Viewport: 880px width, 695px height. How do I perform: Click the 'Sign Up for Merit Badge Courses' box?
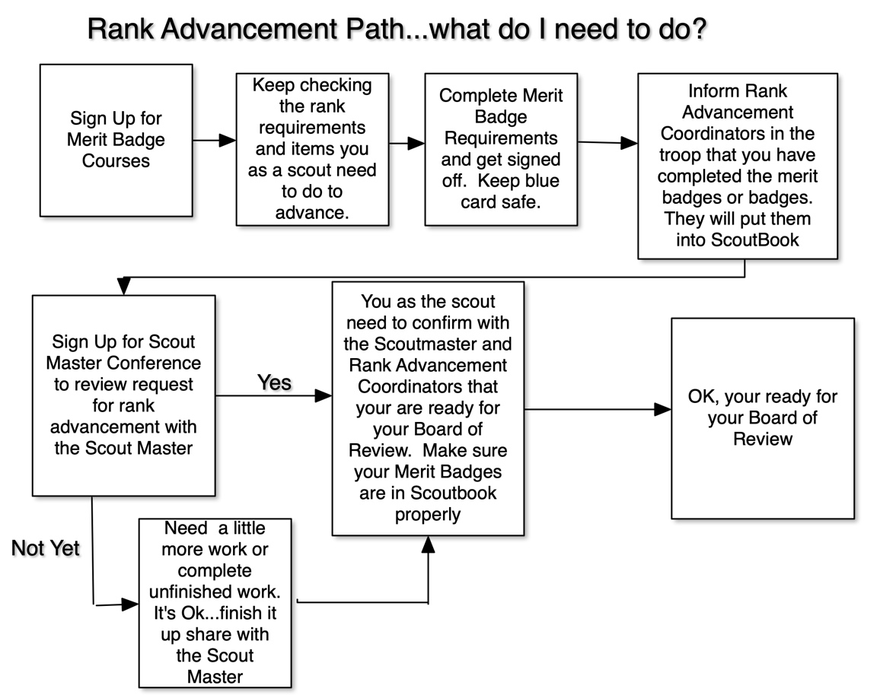(x=116, y=140)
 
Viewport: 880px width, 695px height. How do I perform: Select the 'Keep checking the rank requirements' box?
(x=312, y=149)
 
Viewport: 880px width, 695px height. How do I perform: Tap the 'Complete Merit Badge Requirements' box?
(x=501, y=149)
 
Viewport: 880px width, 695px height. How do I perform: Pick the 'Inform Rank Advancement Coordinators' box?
(x=737, y=166)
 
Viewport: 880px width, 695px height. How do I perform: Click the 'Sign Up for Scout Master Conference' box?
(x=123, y=395)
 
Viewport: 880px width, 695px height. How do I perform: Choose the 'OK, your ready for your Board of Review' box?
(x=762, y=418)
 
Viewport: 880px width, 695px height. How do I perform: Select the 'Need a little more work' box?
(x=215, y=602)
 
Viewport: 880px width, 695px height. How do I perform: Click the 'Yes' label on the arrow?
(x=274, y=382)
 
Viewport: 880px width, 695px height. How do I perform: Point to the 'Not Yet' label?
(x=46, y=547)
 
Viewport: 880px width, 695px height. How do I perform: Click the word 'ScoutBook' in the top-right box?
(x=737, y=240)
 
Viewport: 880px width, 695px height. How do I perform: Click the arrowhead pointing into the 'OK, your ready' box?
(x=663, y=410)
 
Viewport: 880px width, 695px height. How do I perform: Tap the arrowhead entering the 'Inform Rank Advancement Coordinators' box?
(x=630, y=143)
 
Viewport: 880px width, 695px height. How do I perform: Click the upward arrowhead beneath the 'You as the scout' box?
(x=428, y=544)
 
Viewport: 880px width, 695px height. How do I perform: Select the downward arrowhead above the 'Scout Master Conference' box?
(x=123, y=286)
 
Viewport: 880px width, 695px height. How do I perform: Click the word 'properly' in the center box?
(x=428, y=514)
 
